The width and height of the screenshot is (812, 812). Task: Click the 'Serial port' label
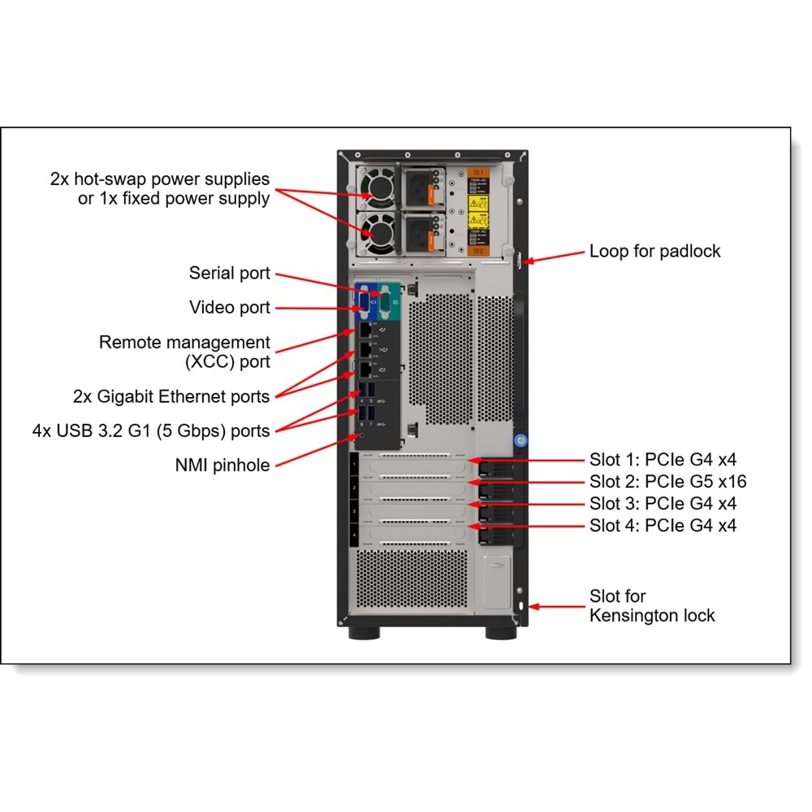pyautogui.click(x=229, y=273)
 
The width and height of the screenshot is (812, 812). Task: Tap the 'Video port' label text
pyautogui.click(x=229, y=308)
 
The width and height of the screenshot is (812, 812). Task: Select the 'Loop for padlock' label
pyautogui.click(x=654, y=252)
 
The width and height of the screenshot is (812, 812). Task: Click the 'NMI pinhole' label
pyautogui.click(x=222, y=465)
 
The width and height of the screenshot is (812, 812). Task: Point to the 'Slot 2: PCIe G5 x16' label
pyautogui.click(x=667, y=481)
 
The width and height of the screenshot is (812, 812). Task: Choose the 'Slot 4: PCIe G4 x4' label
pyautogui.click(x=663, y=525)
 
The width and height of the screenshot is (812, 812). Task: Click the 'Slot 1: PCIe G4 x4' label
pyautogui.click(x=663, y=459)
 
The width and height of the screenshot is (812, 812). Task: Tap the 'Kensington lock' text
pyautogui.click(x=652, y=615)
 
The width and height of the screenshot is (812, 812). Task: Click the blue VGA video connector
pyautogui.click(x=363, y=302)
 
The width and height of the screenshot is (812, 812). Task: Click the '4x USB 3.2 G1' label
pyautogui.click(x=151, y=431)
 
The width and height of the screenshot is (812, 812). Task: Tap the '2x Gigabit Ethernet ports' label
pyautogui.click(x=171, y=397)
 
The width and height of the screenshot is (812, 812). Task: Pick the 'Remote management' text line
pyautogui.click(x=184, y=342)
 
